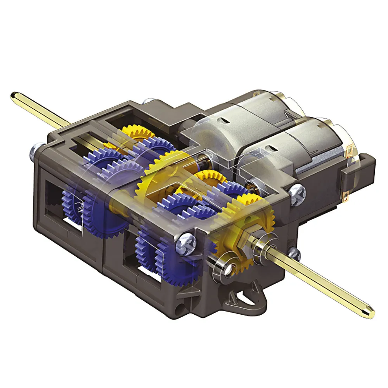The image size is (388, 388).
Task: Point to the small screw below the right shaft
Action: click(x=294, y=255)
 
